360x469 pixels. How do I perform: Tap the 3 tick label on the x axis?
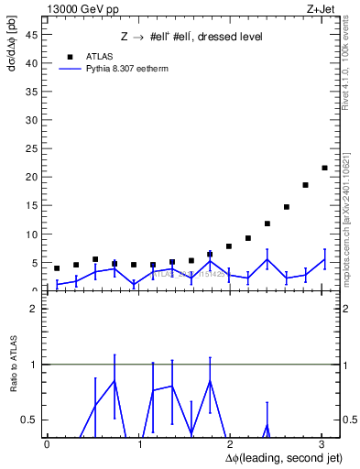click(x=322, y=444)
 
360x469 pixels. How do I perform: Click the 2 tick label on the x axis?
click(x=231, y=444)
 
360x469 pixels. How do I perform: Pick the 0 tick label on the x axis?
click(x=47, y=444)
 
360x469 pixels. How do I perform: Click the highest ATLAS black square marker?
click(x=324, y=168)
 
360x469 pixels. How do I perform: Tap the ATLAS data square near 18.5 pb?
click(x=305, y=185)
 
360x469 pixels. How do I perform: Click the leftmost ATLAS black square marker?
click(x=57, y=268)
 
